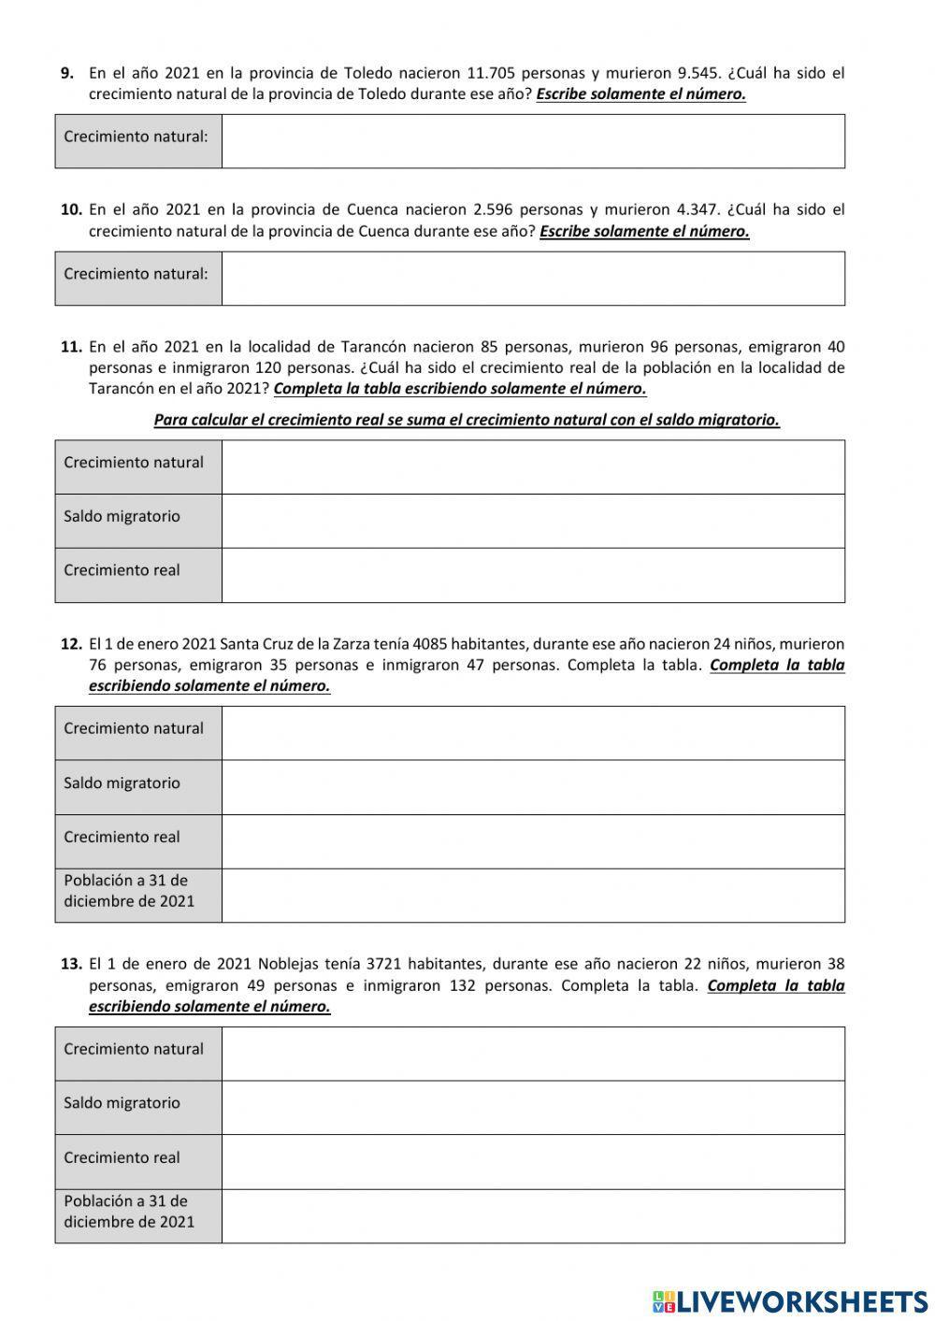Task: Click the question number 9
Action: point(67,73)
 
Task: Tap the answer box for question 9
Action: point(533,141)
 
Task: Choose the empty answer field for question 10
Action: point(533,278)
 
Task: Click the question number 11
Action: point(72,347)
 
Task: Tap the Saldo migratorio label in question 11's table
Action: point(122,517)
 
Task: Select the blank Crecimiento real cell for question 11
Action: point(533,575)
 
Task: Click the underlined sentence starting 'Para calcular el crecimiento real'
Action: point(467,420)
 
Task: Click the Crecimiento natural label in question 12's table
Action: point(134,729)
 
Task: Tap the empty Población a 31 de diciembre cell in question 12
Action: point(533,896)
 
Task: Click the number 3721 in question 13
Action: point(387,964)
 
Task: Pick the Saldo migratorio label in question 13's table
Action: point(122,1103)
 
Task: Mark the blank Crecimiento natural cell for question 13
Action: point(533,1054)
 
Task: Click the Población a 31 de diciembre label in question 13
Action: point(129,1212)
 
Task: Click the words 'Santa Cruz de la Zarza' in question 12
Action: point(295,644)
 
